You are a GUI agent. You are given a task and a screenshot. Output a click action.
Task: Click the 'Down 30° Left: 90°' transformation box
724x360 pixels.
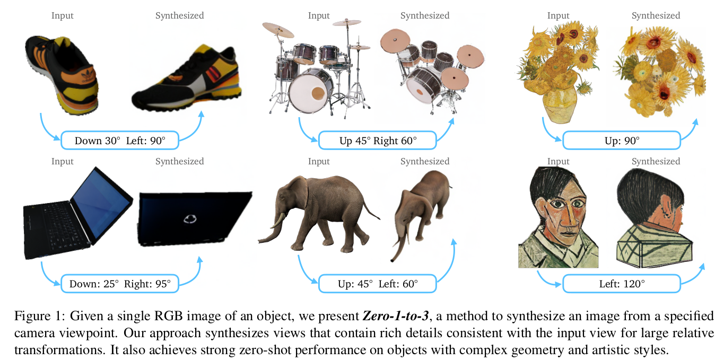120,141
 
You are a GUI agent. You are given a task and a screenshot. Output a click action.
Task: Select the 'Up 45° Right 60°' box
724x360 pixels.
378,141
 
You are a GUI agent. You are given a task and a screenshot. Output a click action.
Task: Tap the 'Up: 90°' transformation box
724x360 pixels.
621,141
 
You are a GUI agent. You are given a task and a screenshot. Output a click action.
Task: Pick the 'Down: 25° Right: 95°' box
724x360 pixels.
120,284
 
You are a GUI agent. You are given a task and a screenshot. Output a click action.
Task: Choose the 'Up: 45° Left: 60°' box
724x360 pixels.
378,284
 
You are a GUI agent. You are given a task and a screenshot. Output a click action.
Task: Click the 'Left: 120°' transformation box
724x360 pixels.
621,284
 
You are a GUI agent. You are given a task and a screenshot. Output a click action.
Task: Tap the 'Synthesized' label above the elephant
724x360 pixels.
425,161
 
